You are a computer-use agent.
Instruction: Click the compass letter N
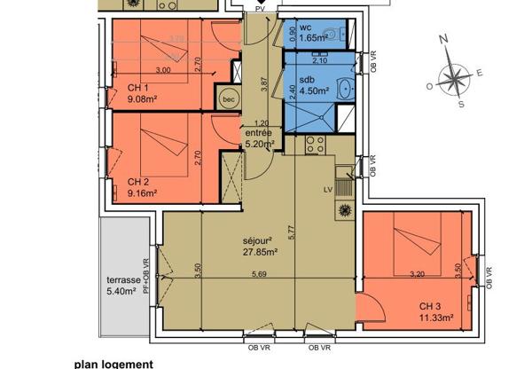(448, 40)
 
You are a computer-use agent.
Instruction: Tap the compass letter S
(461, 103)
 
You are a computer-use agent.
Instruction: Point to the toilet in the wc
(329, 35)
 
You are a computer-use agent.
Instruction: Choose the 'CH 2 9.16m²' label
(142, 184)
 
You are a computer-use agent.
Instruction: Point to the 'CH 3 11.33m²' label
(439, 312)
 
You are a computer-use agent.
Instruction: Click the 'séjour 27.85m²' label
(261, 246)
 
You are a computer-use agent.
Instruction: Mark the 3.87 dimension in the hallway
(262, 85)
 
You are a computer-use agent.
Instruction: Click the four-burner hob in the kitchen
(343, 210)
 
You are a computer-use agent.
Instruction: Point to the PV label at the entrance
(260, 8)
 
